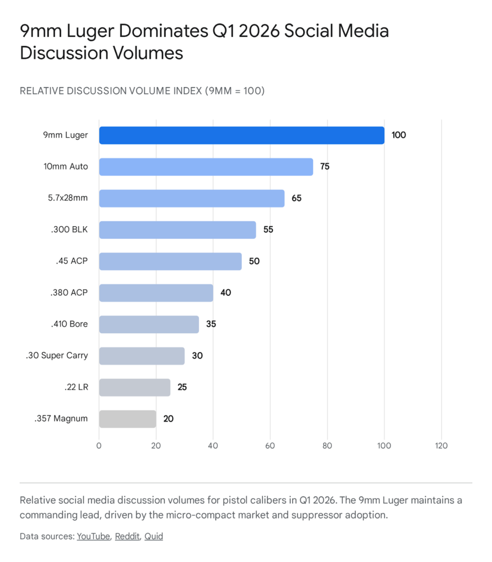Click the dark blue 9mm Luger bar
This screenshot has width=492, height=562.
coord(241,135)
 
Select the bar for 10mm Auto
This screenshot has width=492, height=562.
coord(206,167)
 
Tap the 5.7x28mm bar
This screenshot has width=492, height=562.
coord(191,198)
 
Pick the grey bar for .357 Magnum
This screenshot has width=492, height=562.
coord(127,419)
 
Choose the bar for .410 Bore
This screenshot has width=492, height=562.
coord(149,324)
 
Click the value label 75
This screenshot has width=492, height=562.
coord(325,167)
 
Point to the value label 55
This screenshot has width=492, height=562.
coord(268,229)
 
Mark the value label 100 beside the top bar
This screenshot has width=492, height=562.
coord(399,135)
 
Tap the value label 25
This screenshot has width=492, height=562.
coord(182,387)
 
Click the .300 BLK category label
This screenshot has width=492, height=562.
coord(69,229)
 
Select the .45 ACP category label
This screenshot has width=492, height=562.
coord(71,261)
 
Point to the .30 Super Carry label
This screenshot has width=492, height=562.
coord(56,356)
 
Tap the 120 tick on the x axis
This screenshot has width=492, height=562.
coord(441,446)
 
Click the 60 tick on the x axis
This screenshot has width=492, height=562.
coord(270,446)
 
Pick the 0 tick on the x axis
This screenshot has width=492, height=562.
coord(99,446)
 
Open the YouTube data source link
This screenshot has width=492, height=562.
coord(93,536)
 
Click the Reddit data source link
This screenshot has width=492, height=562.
coord(127,536)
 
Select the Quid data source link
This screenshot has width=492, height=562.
coord(154,536)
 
